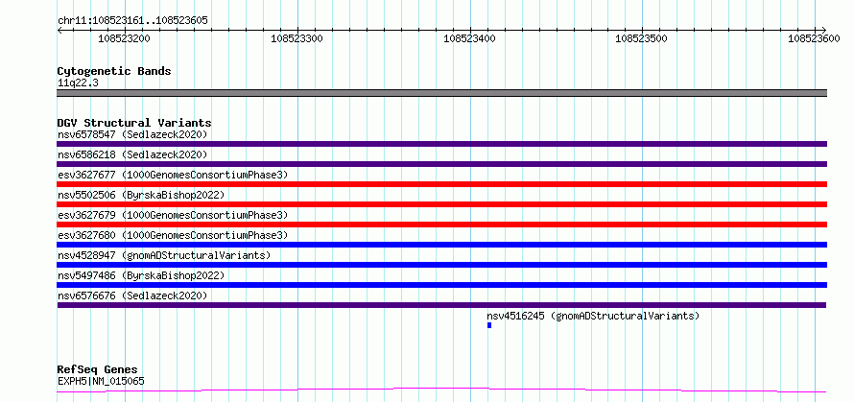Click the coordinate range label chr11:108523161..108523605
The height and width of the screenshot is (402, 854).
pos(132,20)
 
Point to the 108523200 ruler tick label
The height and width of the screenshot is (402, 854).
pos(124,38)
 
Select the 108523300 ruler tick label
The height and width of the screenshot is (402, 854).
pos(297,38)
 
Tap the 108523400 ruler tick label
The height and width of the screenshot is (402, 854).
pos(469,38)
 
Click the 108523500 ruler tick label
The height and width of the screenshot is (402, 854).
pos(641,38)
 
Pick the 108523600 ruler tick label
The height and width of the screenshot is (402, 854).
pos(815,38)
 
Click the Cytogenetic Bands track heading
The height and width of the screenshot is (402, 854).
pos(114,71)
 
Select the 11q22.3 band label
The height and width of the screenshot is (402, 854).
pos(78,83)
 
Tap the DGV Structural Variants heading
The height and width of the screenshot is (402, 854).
pos(134,123)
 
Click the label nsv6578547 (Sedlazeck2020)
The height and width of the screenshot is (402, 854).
pos(132,134)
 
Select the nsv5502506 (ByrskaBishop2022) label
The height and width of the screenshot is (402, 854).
pos(141,195)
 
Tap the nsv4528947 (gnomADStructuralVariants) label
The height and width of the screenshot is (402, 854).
pos(164,255)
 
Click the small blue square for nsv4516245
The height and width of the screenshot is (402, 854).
pos(489,325)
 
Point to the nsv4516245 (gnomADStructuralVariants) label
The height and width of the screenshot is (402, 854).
pos(593,316)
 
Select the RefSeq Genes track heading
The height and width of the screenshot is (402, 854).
pos(97,370)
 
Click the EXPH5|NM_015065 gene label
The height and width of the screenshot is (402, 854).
pos(102,381)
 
